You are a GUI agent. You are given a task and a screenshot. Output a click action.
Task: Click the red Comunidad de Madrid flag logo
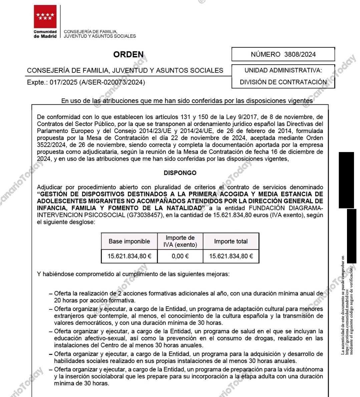pyautogui.click(x=45, y=17)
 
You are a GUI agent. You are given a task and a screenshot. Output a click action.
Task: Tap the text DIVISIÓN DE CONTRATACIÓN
pyautogui.click(x=283, y=82)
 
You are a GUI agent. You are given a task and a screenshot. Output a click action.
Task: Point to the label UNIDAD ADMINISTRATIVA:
pyautogui.click(x=283, y=70)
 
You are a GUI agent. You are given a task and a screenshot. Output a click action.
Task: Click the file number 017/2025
pyautogui.click(x=63, y=82)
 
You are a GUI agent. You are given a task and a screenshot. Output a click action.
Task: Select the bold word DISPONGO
pyautogui.click(x=180, y=173)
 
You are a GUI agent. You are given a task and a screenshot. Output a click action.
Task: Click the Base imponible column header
pyautogui.click(x=129, y=241)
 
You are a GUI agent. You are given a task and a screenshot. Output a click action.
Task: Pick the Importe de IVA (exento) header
pyautogui.click(x=180, y=241)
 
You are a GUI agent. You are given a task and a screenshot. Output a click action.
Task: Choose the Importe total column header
pyautogui.click(x=231, y=241)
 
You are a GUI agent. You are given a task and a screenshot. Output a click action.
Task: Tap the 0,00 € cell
pyautogui.click(x=180, y=256)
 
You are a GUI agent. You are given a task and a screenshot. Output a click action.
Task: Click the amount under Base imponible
pyautogui.click(x=129, y=256)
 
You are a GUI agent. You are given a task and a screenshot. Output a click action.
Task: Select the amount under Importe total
pyautogui.click(x=231, y=256)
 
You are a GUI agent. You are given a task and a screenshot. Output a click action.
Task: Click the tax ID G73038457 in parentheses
pyautogui.click(x=144, y=215)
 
